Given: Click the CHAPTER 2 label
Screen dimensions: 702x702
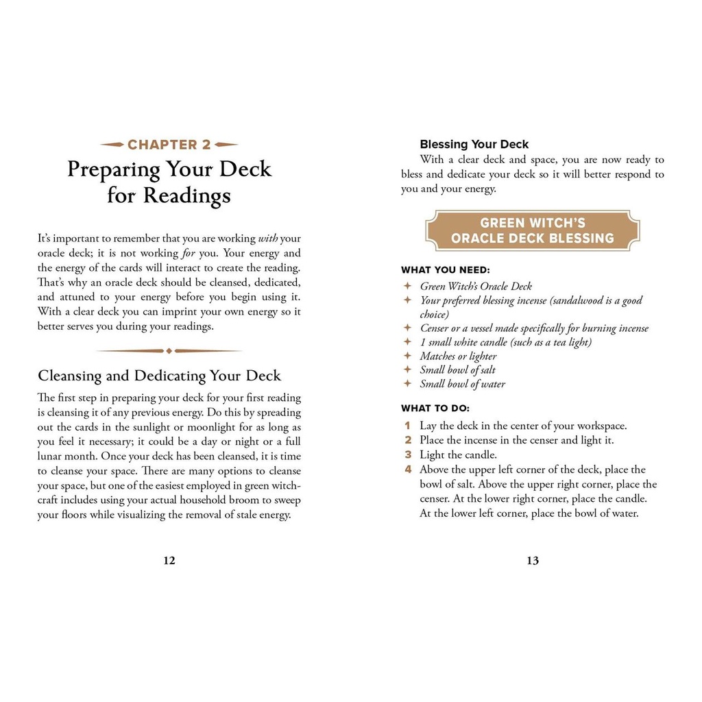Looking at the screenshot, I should (x=169, y=145).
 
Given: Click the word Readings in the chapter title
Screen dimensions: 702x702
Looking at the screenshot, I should (x=187, y=196).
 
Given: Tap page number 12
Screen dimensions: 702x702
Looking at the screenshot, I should (x=169, y=560).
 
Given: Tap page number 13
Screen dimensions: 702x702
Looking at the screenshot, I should (x=533, y=560).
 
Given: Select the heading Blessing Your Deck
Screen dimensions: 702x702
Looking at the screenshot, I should (x=474, y=145).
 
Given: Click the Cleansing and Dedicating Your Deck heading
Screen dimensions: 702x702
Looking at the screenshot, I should (x=159, y=376).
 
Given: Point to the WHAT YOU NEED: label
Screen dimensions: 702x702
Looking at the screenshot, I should (x=446, y=270).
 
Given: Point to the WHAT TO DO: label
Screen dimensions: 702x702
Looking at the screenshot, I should (x=440, y=409).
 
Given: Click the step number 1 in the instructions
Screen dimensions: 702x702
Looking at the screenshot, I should (x=407, y=426).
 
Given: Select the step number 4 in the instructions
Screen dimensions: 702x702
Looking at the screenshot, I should (x=408, y=470).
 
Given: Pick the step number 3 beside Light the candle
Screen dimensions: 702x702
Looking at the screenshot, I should (x=407, y=455).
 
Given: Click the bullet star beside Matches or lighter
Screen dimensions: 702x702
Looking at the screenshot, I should (x=407, y=356).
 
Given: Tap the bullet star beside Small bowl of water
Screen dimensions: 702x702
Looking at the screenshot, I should (x=407, y=384).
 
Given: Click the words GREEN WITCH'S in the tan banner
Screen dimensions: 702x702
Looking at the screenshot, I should (x=533, y=223).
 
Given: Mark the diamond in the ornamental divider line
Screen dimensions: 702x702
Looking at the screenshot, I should (x=169, y=351).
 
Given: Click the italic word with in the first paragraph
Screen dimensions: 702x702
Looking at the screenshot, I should (x=267, y=239).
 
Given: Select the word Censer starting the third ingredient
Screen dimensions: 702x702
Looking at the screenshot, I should (x=435, y=328).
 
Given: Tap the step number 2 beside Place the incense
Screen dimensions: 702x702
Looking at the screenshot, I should (x=407, y=440).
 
